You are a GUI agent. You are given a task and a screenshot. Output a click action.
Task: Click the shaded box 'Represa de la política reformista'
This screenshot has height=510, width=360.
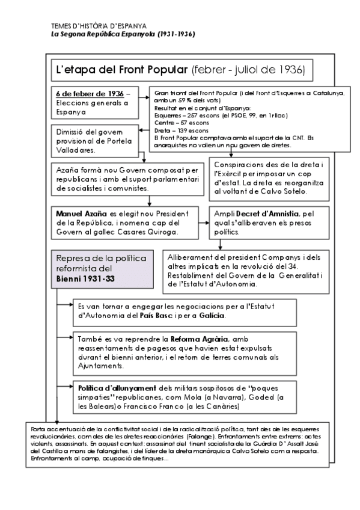tap(99, 268)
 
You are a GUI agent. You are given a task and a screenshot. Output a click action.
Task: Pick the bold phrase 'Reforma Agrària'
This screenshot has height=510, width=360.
tap(200, 339)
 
